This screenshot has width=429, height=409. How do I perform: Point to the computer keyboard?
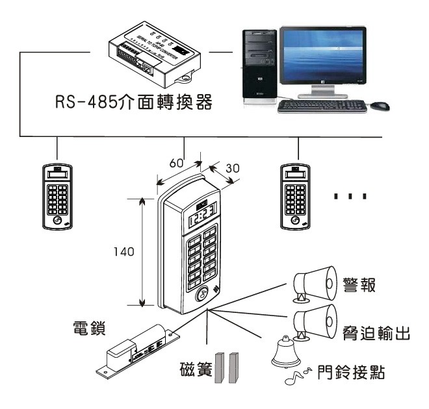(x=322, y=105)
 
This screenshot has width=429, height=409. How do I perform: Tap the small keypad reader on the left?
(x=57, y=197)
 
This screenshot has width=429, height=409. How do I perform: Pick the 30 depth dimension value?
(x=232, y=168)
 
